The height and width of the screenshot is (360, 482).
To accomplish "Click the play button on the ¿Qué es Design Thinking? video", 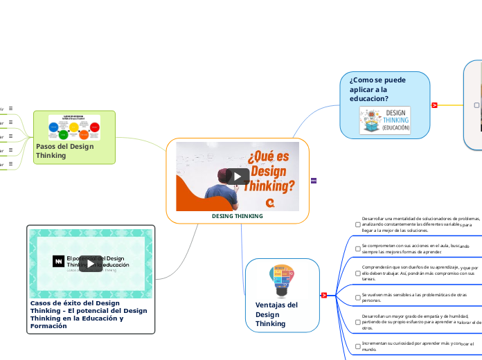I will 238,176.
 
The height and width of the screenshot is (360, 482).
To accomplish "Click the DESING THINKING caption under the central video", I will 238,216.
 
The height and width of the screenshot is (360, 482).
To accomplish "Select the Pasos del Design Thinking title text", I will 64,150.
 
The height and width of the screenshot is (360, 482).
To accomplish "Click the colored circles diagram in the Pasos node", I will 74,127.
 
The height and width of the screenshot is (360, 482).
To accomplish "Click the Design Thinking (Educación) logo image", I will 384,120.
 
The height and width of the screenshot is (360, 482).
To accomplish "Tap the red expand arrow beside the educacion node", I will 434,105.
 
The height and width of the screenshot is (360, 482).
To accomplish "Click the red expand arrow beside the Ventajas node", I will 323,296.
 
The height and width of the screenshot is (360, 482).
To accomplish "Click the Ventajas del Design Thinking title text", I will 276,314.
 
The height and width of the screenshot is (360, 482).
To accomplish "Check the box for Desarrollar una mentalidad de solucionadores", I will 357,224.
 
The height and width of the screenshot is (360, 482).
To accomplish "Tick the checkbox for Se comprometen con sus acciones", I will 357,249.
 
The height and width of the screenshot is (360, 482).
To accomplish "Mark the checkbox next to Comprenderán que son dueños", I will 357,273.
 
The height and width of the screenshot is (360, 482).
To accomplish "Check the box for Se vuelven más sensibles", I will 357,298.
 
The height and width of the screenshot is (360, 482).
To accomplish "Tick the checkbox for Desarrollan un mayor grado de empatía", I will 357,322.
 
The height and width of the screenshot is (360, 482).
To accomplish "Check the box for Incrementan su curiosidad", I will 357,346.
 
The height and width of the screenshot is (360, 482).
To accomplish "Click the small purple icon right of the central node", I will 314,181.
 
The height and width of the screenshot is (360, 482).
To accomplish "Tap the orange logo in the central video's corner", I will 289,201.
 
